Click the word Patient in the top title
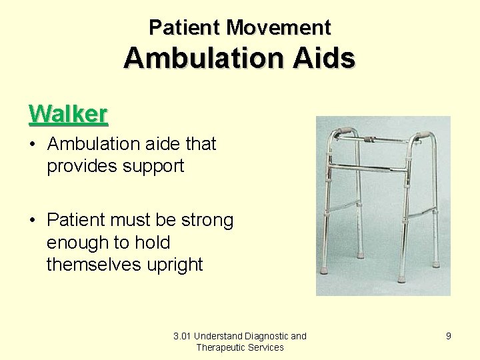tap(185, 28)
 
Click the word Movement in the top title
tap(278, 28)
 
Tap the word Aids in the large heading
tap(326, 59)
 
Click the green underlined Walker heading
tap(68, 114)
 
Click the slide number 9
tap(449, 336)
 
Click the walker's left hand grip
tap(345, 131)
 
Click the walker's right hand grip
tap(421, 135)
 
